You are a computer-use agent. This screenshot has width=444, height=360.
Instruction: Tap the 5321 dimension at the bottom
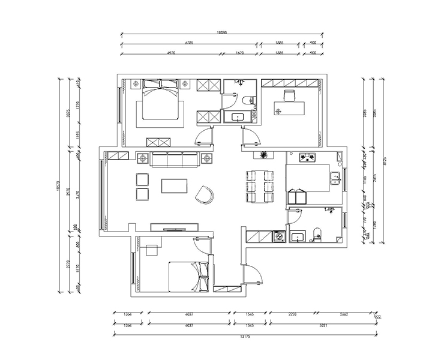coord(323,326)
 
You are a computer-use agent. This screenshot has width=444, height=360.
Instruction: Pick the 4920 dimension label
coord(171,54)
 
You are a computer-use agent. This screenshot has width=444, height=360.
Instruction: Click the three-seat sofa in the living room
coord(175,160)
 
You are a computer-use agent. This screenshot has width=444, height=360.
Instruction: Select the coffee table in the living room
coord(175,185)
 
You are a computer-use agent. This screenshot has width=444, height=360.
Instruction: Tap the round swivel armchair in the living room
coord(206,193)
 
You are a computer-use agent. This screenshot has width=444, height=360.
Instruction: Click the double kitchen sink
coord(335,178)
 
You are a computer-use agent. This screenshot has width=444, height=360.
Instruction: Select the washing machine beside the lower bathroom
coord(279,236)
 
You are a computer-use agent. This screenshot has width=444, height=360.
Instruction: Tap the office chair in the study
coord(290,95)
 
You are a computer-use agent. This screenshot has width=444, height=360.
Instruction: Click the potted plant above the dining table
coord(263,156)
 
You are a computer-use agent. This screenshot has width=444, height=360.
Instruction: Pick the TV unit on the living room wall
coord(174,227)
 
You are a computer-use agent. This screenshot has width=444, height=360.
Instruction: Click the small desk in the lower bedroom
coord(152,248)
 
